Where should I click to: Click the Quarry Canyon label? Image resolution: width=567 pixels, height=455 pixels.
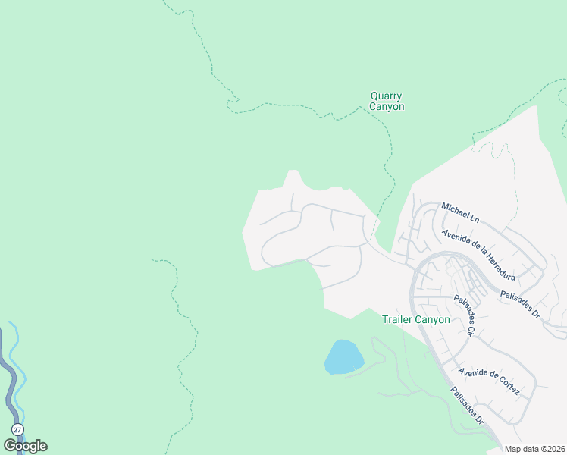click(387, 102)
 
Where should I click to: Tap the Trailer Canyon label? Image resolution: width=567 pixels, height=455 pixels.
click(416, 319)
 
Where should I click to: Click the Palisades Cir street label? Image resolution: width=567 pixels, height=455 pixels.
click(464, 315)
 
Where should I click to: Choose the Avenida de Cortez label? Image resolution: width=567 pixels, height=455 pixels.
click(489, 381)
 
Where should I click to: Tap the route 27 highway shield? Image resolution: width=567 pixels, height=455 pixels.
click(17, 430)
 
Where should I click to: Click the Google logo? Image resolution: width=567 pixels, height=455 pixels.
click(25, 445)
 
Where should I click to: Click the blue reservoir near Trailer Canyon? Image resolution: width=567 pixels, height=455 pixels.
click(343, 356)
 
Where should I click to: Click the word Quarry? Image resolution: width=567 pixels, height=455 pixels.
click(386, 96)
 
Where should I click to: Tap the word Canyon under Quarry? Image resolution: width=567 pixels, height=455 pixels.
click(387, 107)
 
